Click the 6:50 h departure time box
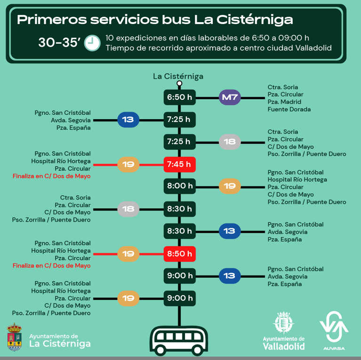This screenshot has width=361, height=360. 179,98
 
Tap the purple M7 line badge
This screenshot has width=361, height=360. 230,98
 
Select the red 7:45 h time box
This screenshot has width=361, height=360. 179,164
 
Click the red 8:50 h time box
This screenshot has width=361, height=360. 179,254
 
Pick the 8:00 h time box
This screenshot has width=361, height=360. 179,186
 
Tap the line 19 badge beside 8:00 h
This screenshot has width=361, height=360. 230,186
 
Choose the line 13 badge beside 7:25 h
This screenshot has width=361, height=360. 128,120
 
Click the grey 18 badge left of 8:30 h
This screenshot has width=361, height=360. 128,208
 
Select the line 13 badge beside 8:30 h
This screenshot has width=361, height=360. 230,231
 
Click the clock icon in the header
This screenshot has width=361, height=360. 93,43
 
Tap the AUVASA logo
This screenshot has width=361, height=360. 334,330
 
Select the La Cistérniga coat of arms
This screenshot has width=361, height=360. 15,336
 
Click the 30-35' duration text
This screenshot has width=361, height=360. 58,43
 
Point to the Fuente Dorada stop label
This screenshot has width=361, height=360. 289,109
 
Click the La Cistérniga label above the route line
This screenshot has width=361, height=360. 178,76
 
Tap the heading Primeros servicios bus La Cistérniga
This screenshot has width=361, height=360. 155,20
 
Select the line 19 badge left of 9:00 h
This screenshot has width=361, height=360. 128,298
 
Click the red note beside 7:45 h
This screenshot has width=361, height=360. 51,176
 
